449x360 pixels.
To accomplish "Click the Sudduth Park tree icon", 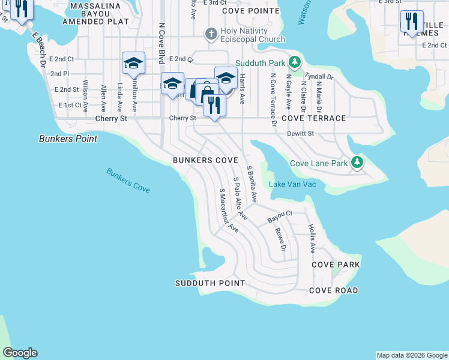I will pyautogui.click(x=295, y=62).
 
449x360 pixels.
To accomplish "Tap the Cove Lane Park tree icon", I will pyautogui.click(x=357, y=163).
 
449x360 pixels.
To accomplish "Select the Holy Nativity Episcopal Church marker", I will pyautogui.click(x=211, y=34).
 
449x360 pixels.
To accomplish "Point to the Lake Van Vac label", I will pyautogui.click(x=292, y=184).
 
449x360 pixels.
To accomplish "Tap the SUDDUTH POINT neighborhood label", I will pyautogui.click(x=210, y=283).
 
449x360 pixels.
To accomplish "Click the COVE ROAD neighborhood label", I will pyautogui.click(x=334, y=290).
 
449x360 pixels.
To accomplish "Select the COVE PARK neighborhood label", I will pyautogui.click(x=336, y=265).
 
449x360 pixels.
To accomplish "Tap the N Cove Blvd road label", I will pyautogui.click(x=161, y=43).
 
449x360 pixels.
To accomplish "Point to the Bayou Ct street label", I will pyautogui.click(x=280, y=214).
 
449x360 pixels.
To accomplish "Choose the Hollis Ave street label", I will pyautogui.click(x=312, y=238).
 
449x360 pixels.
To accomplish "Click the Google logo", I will pyautogui.click(x=20, y=353).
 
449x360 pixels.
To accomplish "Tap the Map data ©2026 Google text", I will pyautogui.click(x=411, y=355).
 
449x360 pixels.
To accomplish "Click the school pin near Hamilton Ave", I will pyautogui.click(x=133, y=62).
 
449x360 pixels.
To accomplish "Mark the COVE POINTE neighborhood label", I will pyautogui.click(x=247, y=11).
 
